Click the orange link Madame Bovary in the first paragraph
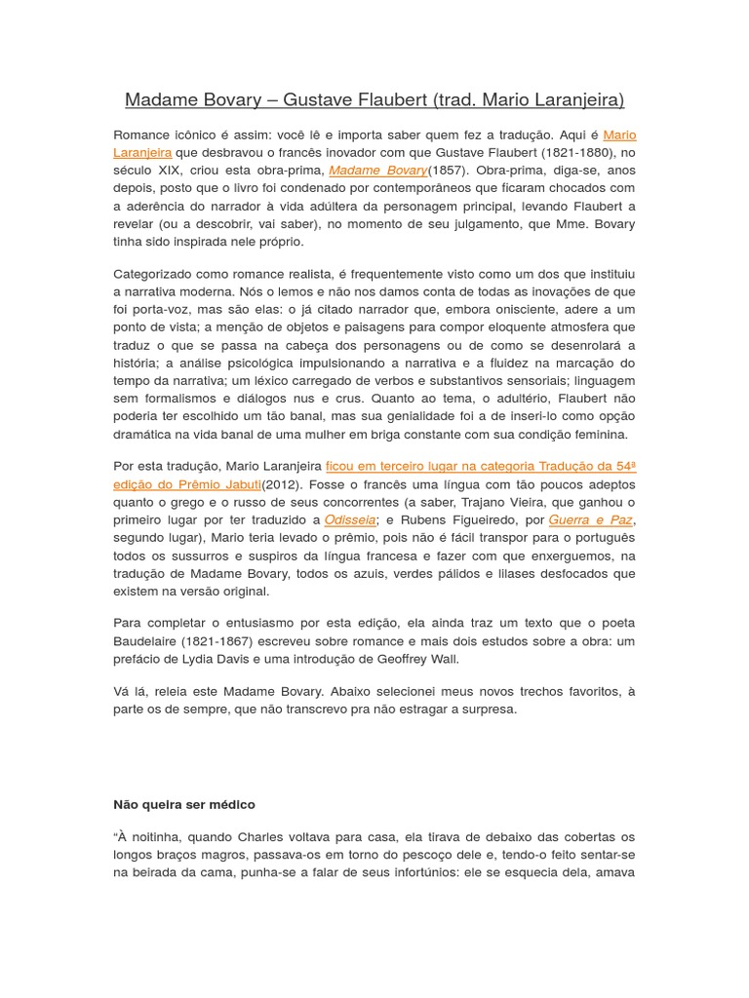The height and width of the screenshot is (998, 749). [377, 171]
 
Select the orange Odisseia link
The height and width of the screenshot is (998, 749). [350, 520]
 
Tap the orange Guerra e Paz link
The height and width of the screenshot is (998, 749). [590, 520]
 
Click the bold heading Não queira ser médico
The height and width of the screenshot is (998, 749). [184, 805]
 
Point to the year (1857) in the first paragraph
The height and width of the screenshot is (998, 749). [448, 171]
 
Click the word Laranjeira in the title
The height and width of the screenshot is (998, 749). [572, 100]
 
